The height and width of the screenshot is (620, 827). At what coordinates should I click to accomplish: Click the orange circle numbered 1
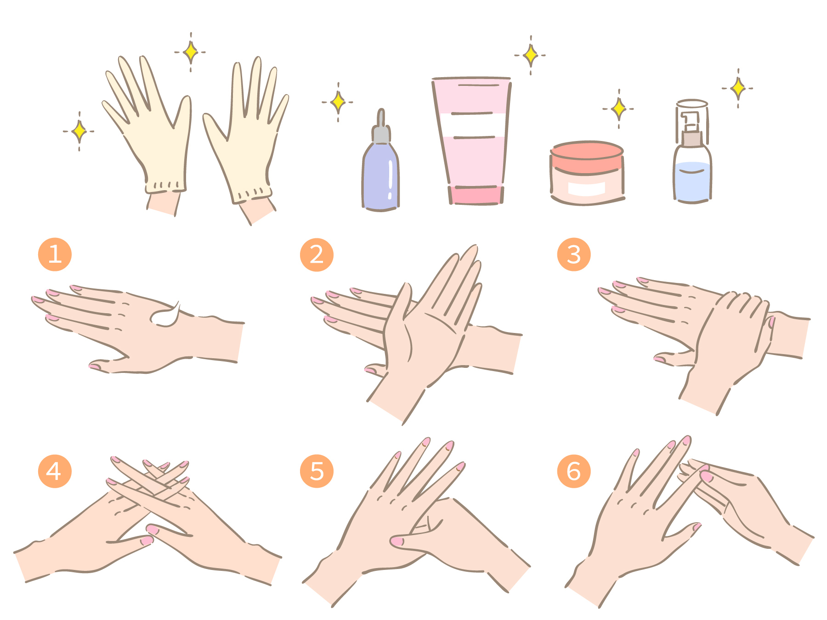pyautogui.click(x=55, y=254)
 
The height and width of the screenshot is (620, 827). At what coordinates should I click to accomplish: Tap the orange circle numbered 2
pyautogui.click(x=317, y=255)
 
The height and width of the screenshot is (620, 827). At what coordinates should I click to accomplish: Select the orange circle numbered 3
pyautogui.click(x=574, y=254)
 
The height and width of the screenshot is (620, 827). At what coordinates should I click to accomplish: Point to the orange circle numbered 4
pyautogui.click(x=55, y=471)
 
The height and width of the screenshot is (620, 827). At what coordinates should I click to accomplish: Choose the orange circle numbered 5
pyautogui.click(x=317, y=471)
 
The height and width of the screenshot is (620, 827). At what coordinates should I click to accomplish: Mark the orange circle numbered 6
pyautogui.click(x=574, y=471)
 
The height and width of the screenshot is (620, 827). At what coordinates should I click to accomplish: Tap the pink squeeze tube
pyautogui.click(x=472, y=141)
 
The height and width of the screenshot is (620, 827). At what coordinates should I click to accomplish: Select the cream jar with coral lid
pyautogui.click(x=587, y=173)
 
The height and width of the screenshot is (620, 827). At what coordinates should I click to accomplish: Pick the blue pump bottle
pyautogui.click(x=692, y=152)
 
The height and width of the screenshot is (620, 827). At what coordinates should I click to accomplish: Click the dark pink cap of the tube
pyautogui.click(x=476, y=195)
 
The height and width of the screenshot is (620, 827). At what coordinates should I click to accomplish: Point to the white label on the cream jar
pyautogui.click(x=587, y=188)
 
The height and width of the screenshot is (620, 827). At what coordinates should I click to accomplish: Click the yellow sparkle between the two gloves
pyautogui.click(x=191, y=52)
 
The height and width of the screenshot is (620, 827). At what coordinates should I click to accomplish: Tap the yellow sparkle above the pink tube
pyautogui.click(x=531, y=55)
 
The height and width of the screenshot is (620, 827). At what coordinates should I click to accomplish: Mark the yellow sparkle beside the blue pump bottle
pyautogui.click(x=738, y=88)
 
